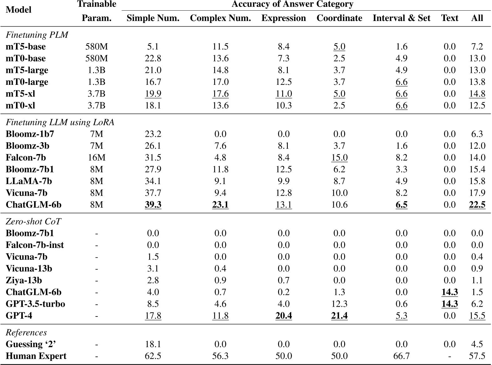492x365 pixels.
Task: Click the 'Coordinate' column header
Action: [x=339, y=18]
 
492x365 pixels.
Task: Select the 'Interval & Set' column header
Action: [x=401, y=18]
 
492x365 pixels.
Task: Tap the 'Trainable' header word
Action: [x=96, y=4]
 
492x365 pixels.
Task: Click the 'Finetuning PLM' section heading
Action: [x=37, y=35]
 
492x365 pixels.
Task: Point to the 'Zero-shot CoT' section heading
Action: [x=33, y=222]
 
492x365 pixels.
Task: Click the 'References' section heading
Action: [x=26, y=332]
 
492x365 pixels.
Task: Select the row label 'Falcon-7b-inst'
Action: [x=34, y=245]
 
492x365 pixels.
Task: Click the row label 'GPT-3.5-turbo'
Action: [x=35, y=304]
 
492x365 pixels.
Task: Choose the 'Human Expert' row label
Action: [x=36, y=356]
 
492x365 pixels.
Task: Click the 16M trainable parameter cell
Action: [x=96, y=158]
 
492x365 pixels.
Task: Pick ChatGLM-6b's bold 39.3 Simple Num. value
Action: [x=153, y=205]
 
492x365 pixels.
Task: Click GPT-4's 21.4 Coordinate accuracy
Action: [x=339, y=316]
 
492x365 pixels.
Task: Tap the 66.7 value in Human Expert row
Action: [x=401, y=356]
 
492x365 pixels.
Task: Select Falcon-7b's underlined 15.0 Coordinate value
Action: [x=339, y=158]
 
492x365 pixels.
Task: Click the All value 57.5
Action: [x=477, y=356]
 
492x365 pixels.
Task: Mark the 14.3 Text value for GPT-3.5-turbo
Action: [x=449, y=304]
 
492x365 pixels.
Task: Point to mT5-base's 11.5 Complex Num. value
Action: [x=220, y=47]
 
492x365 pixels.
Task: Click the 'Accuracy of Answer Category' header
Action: [x=293, y=4]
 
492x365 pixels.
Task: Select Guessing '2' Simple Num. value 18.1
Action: [x=153, y=344]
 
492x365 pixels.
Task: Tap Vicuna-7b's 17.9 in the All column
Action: [x=477, y=193]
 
